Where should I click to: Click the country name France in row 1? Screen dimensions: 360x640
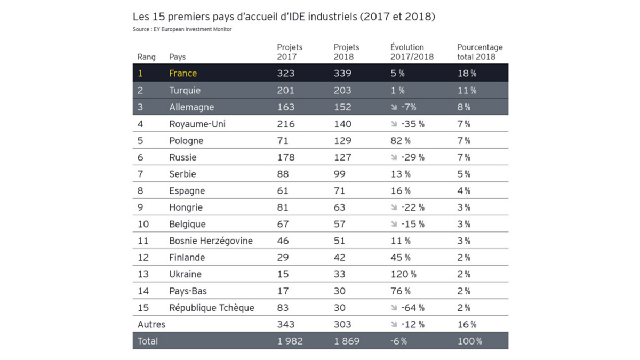click(183, 74)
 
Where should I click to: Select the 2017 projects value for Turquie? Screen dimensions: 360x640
click(285, 90)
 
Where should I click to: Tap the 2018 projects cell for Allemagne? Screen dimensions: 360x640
click(342, 107)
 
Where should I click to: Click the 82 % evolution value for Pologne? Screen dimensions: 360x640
click(401, 141)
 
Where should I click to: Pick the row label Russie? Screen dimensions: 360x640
click(183, 157)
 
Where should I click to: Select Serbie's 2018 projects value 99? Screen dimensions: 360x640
click(340, 174)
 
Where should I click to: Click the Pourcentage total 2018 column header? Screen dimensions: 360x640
click(479, 52)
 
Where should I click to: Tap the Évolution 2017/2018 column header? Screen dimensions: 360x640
click(412, 52)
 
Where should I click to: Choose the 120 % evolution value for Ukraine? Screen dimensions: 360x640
click(403, 274)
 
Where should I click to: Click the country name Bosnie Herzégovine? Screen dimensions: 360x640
click(211, 241)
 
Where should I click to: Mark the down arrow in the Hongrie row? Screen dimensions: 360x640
click(394, 207)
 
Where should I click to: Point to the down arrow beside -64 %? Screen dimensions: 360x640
click(394, 308)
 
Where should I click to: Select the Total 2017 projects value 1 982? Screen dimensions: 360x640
click(290, 341)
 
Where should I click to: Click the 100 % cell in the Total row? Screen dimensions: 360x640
click(469, 341)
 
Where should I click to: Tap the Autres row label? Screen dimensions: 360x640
click(151, 324)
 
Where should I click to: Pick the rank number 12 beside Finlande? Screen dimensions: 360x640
click(143, 258)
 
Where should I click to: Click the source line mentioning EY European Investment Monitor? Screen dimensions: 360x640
click(182, 29)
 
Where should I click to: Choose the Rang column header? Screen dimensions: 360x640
click(147, 57)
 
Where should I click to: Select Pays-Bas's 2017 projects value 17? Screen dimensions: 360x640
click(283, 291)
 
